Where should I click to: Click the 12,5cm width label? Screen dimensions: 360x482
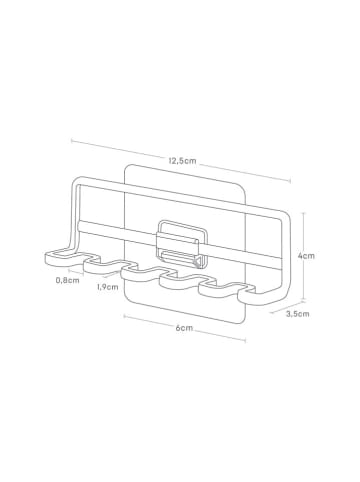(182, 161)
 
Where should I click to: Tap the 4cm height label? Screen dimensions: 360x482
(307, 256)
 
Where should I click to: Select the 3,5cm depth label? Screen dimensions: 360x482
(298, 314)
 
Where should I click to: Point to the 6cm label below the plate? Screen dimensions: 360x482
(184, 328)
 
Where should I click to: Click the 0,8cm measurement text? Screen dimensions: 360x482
(68, 280)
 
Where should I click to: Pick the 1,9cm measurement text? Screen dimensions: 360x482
(107, 287)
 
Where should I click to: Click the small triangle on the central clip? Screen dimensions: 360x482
(198, 262)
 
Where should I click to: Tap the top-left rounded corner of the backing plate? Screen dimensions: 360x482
(127, 168)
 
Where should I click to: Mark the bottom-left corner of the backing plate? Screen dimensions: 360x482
(127, 296)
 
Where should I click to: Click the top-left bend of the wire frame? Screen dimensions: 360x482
(76, 181)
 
